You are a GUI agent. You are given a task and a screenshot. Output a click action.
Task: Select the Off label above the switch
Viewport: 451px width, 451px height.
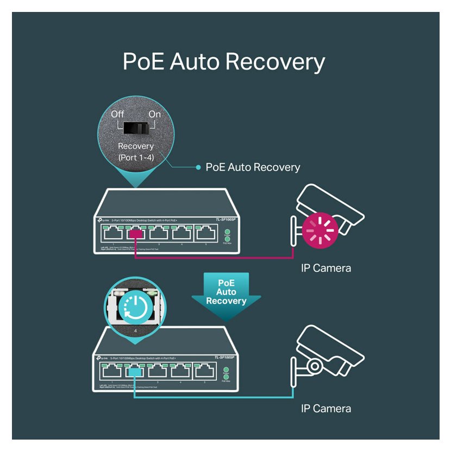118,114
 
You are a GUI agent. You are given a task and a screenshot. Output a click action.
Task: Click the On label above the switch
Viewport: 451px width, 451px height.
155,114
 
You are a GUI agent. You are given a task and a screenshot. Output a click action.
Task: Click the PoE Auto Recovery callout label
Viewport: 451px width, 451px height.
253,167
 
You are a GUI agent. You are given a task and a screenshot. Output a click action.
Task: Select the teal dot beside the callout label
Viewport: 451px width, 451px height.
198,167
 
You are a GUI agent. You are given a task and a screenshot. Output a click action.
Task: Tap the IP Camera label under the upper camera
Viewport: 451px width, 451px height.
326,268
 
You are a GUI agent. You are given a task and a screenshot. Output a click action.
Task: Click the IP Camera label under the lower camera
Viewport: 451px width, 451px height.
326,409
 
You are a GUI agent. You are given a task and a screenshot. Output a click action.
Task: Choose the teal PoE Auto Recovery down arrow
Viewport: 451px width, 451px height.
226,296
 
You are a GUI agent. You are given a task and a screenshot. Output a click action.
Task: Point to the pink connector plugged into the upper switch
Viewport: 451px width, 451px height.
135,234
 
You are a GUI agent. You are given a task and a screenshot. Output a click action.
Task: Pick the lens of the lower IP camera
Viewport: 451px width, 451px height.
315,366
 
